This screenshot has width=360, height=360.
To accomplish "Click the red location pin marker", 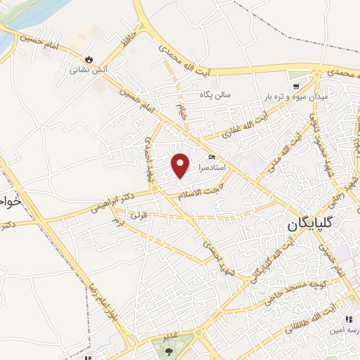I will click(181, 165).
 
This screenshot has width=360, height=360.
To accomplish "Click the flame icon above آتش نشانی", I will click(89, 59).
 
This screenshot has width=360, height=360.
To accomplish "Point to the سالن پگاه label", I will click(215, 94).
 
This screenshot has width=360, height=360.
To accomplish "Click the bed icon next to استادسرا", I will click(212, 157).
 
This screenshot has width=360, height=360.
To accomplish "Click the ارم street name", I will click(118, 222).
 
